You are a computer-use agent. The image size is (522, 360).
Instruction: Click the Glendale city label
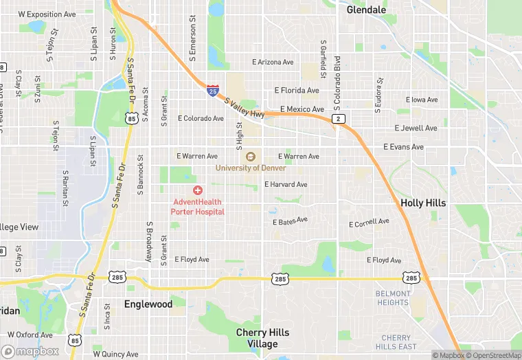pos(366,10)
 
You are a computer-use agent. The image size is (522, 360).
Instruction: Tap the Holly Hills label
pos(423,203)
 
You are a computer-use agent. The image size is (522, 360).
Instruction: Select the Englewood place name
pos(148,304)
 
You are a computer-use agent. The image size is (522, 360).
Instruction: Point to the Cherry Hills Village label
pos(262,337)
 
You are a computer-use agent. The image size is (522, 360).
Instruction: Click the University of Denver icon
pos(251,157)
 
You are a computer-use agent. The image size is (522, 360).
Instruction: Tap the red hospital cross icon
pos(198,190)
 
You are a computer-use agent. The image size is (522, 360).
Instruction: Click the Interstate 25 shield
pos(213,90)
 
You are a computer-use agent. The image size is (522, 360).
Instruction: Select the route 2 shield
pos(338,119)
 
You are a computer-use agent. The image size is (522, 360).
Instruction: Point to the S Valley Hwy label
pos(245,107)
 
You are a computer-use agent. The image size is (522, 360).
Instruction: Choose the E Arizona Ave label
pos(273,62)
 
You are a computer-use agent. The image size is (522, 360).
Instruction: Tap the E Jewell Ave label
pos(416,128)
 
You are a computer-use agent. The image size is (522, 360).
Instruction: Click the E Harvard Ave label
pos(286,184)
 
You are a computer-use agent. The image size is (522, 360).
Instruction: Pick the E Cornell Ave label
pos(369,223)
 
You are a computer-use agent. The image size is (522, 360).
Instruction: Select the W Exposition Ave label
pos(47,14)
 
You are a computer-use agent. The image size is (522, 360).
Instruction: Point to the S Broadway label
pos(148,241)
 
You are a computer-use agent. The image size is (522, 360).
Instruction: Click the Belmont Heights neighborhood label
pos(393,297)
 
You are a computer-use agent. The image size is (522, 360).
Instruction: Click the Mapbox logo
pos(30,351)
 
